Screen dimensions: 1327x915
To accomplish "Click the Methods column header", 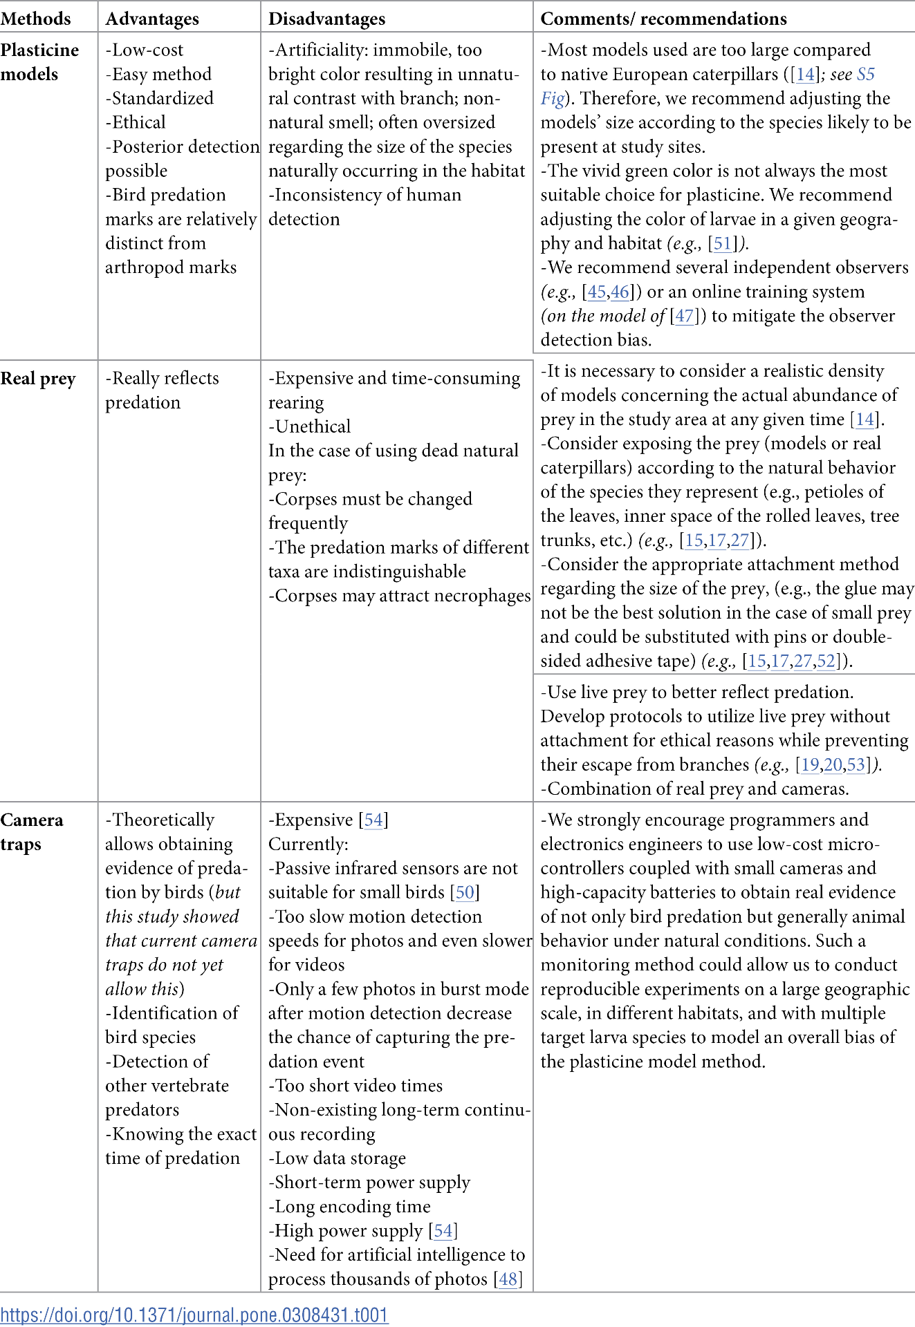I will point(35,19).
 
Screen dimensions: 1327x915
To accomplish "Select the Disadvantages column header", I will point(326,19).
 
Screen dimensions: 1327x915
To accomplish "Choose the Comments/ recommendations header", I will point(663,19).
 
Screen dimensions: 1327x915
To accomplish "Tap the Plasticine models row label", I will point(39,62).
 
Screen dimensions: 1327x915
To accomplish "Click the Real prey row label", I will point(38,379).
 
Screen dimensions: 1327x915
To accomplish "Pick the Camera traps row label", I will point(32,831).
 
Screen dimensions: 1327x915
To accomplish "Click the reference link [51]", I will point(723,243).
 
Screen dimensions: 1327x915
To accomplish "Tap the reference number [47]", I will point(684,316).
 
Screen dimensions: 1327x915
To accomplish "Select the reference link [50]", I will point(465,892).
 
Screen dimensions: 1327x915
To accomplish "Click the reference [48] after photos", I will point(508,1279).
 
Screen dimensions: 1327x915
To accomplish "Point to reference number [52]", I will point(826,661).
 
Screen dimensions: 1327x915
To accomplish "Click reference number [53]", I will point(856,765).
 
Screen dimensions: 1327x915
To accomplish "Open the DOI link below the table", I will point(194,1315).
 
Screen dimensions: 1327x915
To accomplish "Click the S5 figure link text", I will point(865,75).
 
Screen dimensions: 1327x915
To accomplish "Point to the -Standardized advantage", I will point(159,98).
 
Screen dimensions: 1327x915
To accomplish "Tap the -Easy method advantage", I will point(158,74).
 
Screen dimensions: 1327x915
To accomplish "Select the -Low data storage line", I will point(337,1158).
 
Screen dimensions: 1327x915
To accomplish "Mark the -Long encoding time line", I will point(349,1207).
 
